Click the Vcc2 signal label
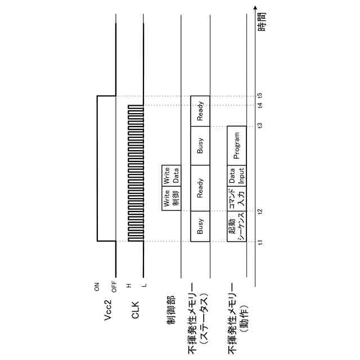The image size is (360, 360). click(111, 315)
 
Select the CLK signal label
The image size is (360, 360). click(136, 312)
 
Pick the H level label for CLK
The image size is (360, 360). click(129, 285)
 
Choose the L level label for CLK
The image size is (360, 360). click(143, 285)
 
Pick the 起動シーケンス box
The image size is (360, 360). click(237, 227)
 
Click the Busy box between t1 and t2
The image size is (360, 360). click(200, 227)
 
